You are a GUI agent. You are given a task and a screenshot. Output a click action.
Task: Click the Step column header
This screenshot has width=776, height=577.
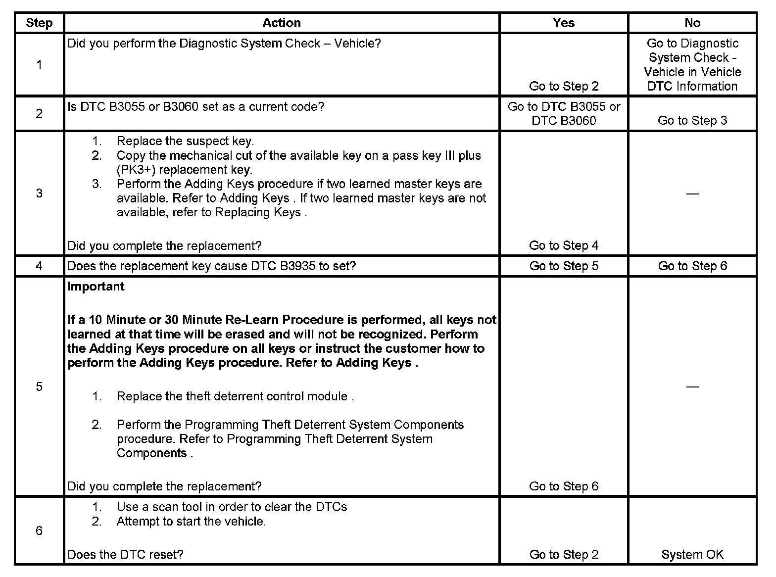click(x=39, y=23)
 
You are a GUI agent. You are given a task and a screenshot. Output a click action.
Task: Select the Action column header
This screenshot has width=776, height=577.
click(x=281, y=23)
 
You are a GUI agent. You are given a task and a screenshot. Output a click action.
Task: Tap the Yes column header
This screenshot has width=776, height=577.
click(x=564, y=23)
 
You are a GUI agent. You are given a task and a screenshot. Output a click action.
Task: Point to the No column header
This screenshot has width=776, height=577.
click(x=692, y=23)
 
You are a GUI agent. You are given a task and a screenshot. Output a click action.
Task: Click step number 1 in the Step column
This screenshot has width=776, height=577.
click(x=39, y=64)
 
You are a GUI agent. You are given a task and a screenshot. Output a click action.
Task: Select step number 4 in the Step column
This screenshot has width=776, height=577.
click(x=39, y=266)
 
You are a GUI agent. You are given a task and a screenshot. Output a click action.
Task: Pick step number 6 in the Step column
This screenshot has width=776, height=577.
click(x=39, y=531)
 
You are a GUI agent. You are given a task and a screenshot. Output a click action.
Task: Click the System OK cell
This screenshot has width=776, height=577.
click(x=692, y=555)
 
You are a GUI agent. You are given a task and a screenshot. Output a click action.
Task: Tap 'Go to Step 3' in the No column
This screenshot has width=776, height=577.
click(x=692, y=121)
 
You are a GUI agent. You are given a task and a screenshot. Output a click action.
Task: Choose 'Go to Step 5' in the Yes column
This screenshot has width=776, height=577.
click(x=564, y=266)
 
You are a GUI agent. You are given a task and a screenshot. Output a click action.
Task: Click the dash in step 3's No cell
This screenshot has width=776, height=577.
click(x=692, y=193)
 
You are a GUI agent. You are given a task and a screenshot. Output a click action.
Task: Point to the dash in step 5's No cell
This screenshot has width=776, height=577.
click(x=692, y=386)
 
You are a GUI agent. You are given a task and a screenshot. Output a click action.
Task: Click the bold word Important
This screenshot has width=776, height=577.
click(x=96, y=287)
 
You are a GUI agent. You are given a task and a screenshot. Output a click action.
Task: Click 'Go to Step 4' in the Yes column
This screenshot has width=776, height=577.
click(x=564, y=245)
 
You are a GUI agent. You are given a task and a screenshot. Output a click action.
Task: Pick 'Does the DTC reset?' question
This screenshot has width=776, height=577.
click(x=125, y=555)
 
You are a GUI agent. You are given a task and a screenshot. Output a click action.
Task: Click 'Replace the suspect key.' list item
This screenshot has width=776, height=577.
click(x=185, y=141)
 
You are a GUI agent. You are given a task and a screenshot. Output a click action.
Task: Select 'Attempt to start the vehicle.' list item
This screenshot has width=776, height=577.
click(x=191, y=521)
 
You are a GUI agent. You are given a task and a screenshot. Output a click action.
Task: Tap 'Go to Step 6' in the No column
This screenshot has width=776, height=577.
click(x=692, y=266)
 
